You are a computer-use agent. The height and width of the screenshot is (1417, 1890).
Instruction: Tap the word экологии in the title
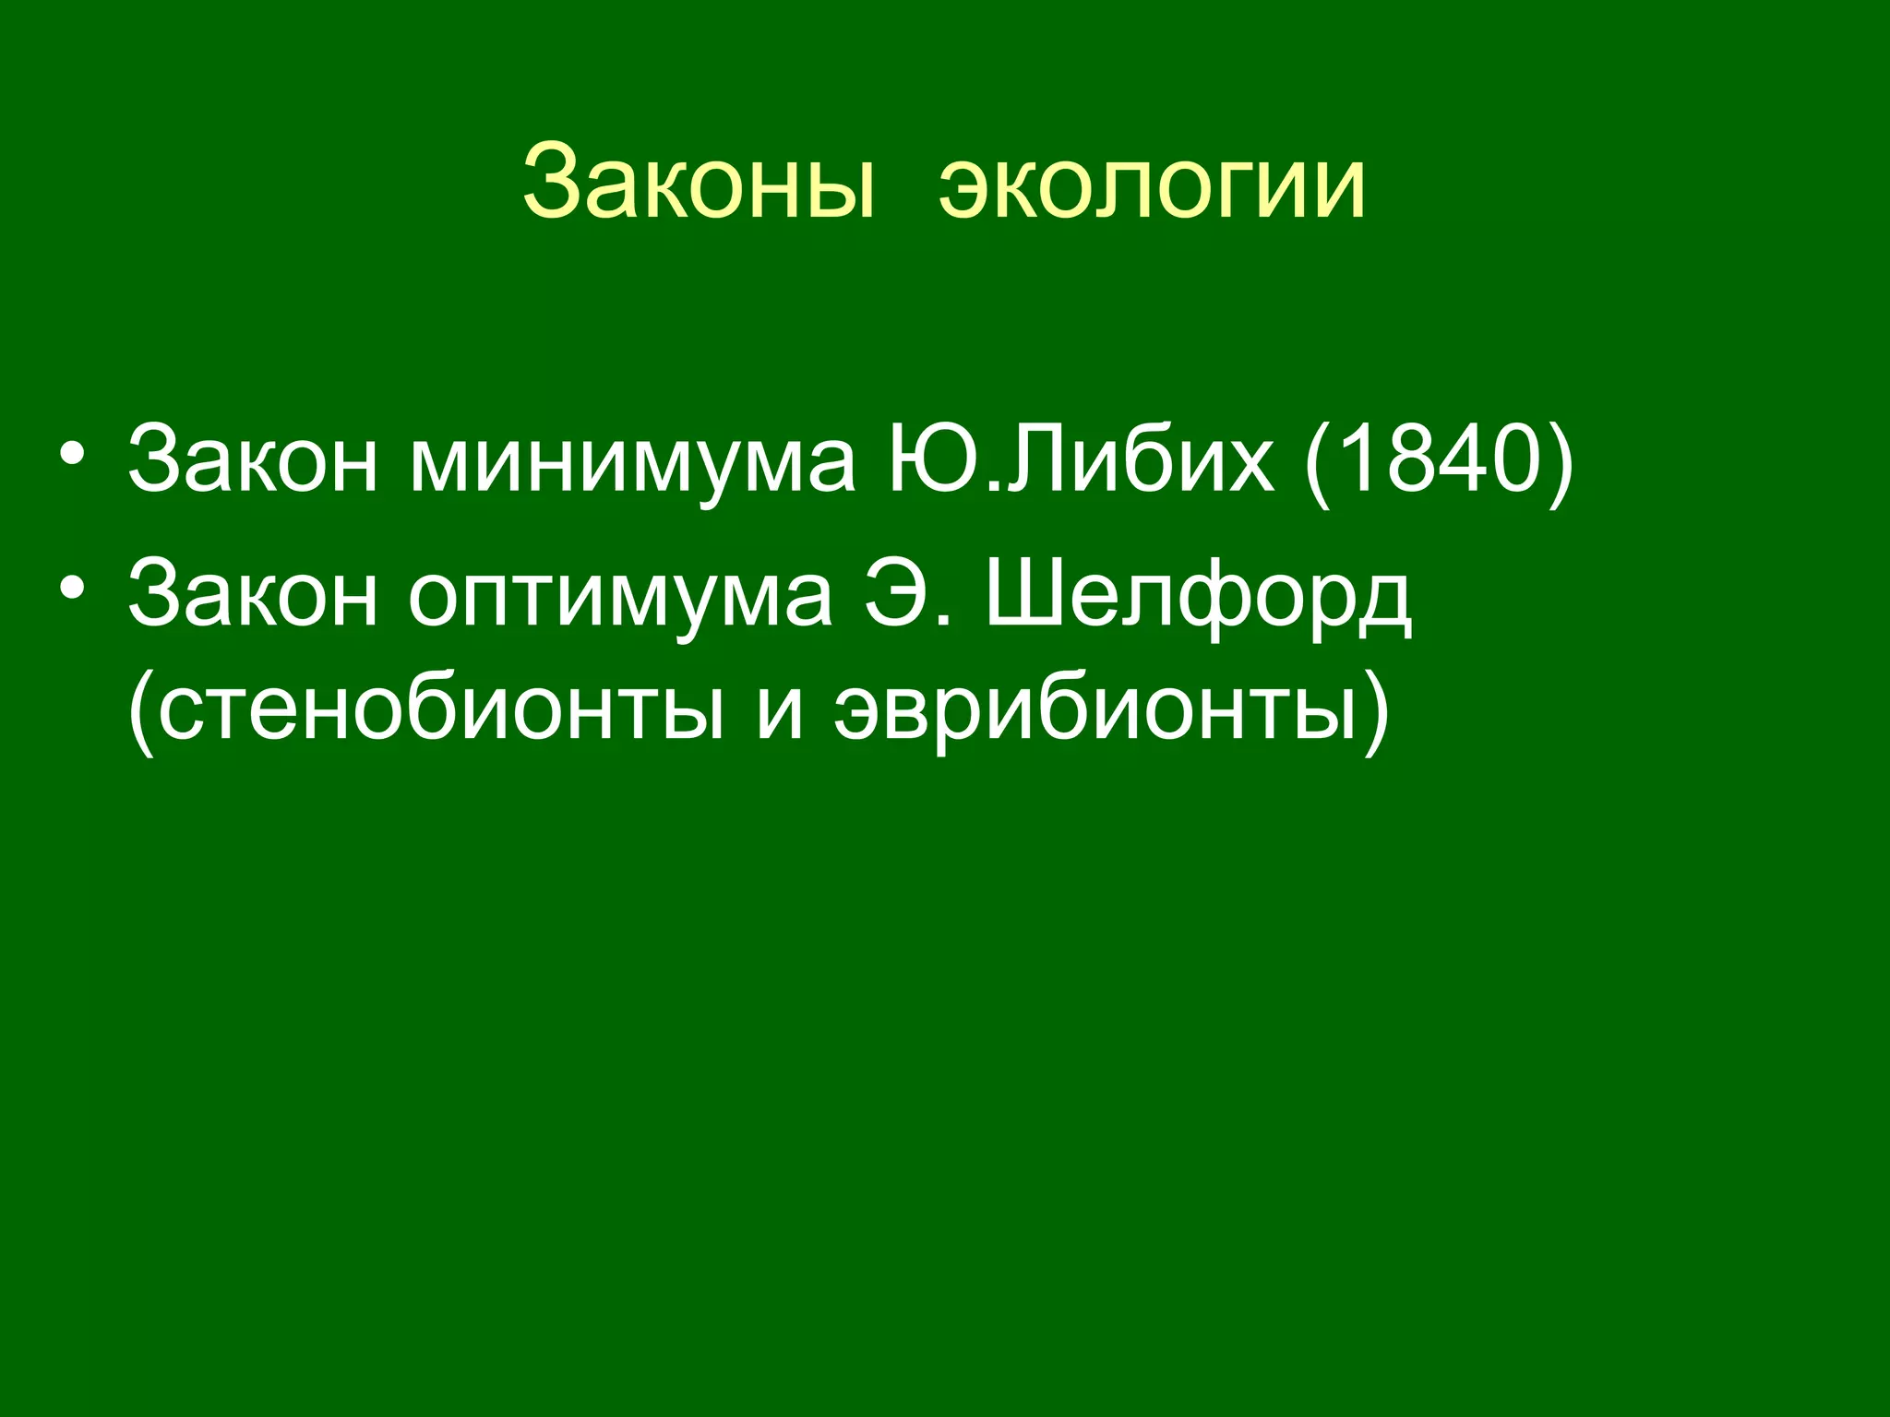click(x=1152, y=184)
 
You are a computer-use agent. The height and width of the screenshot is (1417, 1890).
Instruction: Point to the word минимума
click(x=632, y=460)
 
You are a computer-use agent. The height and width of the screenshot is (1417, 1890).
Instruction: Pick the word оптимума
click(x=620, y=595)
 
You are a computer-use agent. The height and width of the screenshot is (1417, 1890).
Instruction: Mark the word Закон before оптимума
click(x=253, y=595)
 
